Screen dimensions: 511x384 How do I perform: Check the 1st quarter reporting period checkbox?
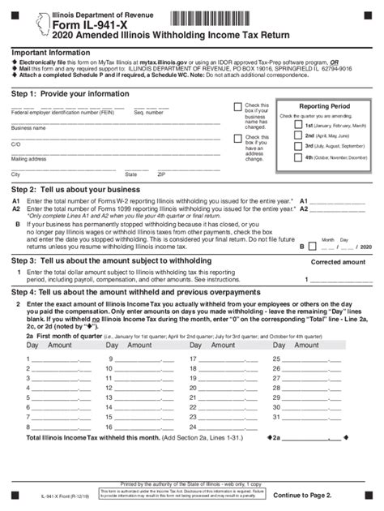(298, 126)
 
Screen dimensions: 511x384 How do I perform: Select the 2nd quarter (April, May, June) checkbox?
(298, 135)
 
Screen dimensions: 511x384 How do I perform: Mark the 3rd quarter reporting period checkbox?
(298, 146)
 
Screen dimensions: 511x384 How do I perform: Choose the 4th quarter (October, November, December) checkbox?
(298, 157)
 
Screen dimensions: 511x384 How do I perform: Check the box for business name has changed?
(237, 106)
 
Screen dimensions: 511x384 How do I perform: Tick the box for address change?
(237, 138)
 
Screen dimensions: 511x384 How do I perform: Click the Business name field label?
(28, 128)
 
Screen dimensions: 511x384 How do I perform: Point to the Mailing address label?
(28, 159)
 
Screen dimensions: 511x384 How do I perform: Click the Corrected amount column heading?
(338, 263)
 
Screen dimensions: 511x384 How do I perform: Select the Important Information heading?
(50, 53)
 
